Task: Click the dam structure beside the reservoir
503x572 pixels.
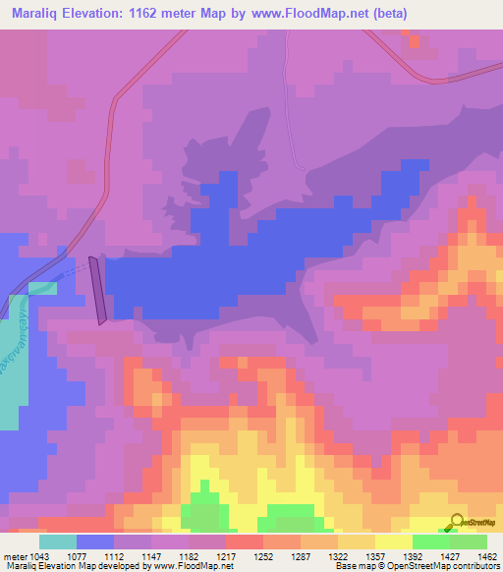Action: (98, 290)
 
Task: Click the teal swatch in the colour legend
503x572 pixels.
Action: (58, 541)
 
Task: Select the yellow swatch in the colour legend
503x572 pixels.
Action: (394, 541)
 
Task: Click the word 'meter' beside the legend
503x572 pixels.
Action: (17, 555)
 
